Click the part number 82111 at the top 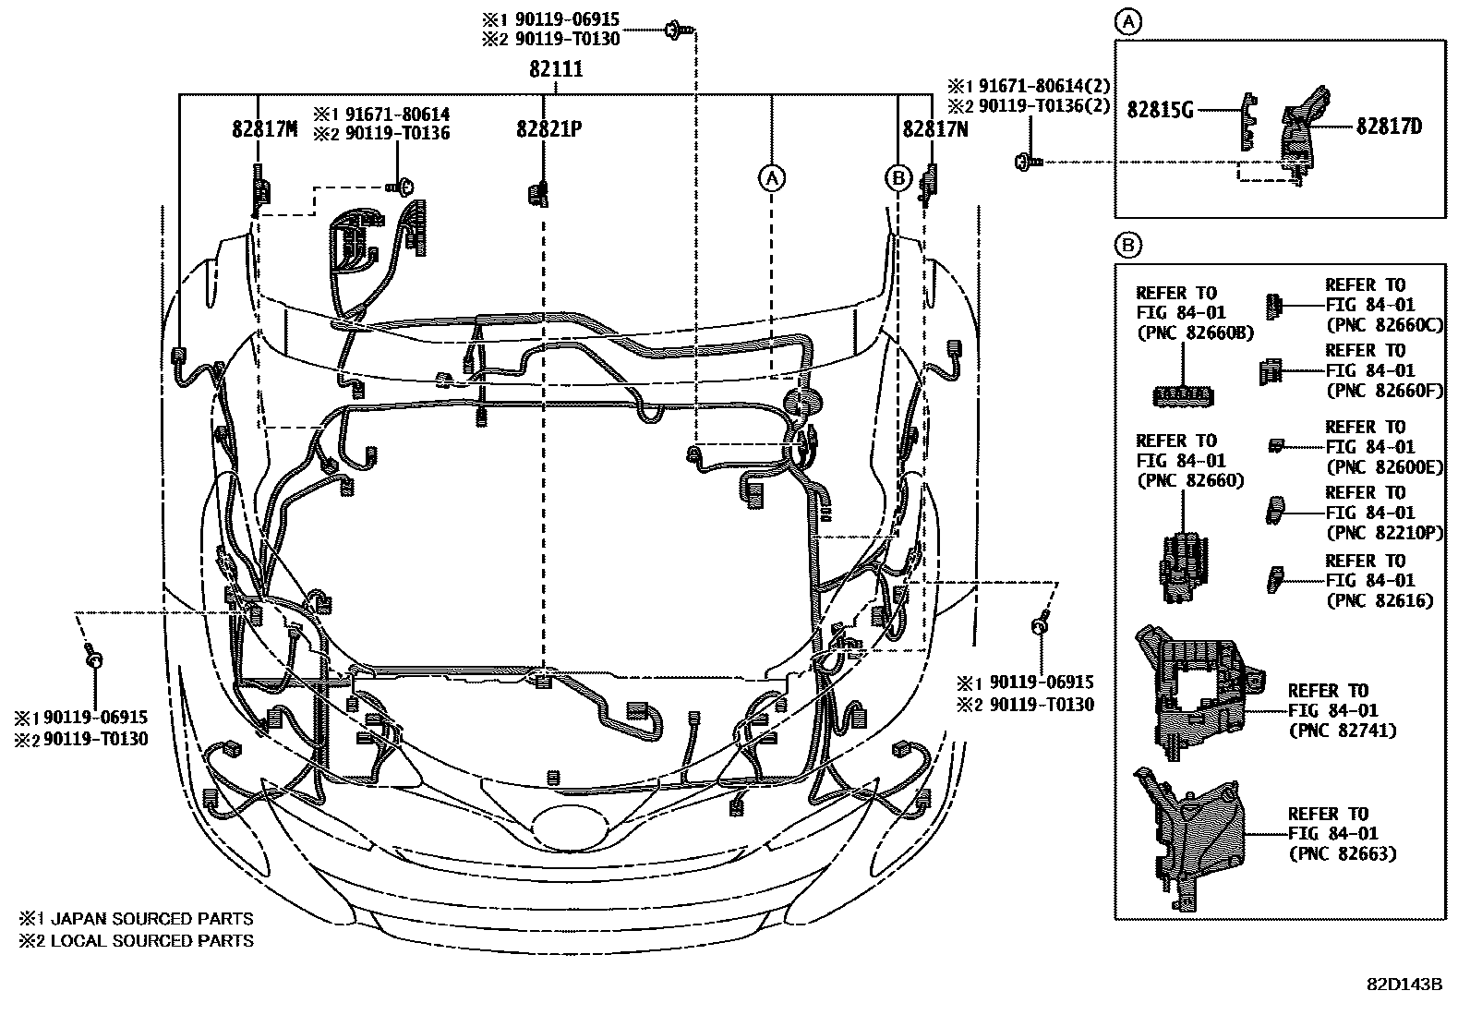(x=556, y=69)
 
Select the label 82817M (x=264, y=129)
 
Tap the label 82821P (x=548, y=129)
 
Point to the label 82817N (x=935, y=129)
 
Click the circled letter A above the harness (x=772, y=177)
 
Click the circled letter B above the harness (x=898, y=177)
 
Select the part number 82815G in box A (x=1161, y=110)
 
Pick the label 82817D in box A (x=1389, y=127)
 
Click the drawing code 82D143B (x=1404, y=984)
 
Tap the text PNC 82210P (x=1383, y=533)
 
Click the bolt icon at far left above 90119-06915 (x=93, y=659)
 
